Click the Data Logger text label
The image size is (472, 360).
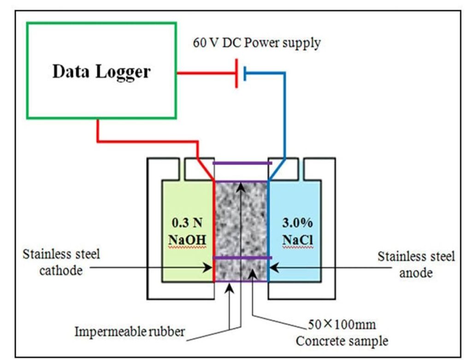coord(101,72)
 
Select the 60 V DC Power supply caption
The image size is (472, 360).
coord(256,43)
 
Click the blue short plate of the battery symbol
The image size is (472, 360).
coord(245,73)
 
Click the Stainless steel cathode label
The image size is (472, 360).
coord(61,262)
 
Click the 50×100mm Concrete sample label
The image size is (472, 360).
coord(342,333)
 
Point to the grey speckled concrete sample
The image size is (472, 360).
coord(241,217)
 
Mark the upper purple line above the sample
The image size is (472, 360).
coord(242,163)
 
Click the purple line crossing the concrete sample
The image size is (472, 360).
coord(242,258)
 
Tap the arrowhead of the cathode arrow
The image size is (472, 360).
coord(210,266)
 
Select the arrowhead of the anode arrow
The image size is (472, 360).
coord(272,266)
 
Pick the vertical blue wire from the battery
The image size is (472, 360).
coord(285,115)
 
